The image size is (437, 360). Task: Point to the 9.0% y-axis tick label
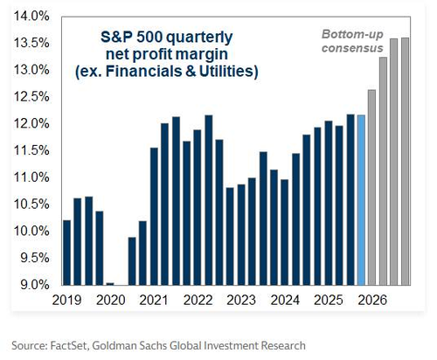point(31,285)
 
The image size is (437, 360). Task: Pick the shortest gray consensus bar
point(372,187)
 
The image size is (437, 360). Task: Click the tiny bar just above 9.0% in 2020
point(110,283)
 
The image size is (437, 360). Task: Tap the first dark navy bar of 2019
point(67,253)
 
